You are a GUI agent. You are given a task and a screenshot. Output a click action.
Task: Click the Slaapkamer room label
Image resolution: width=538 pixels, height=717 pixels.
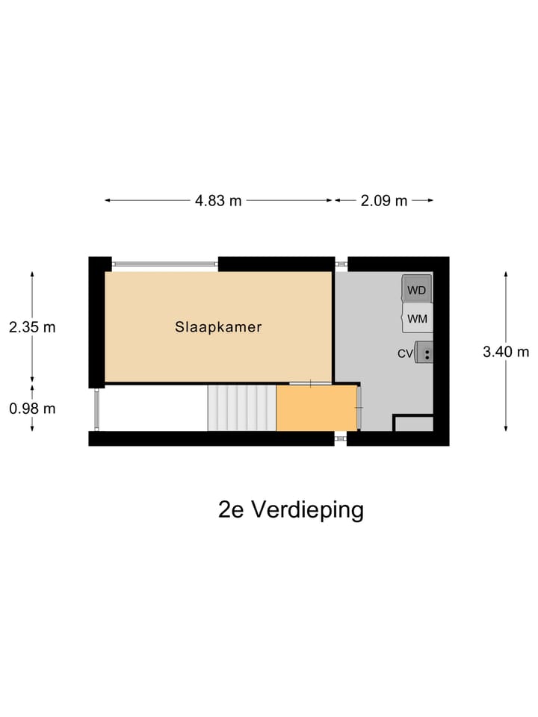(218, 326)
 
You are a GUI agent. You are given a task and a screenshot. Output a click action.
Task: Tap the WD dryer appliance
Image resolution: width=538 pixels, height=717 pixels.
(417, 289)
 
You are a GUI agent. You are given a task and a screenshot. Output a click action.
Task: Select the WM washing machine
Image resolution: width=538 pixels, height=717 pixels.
(417, 319)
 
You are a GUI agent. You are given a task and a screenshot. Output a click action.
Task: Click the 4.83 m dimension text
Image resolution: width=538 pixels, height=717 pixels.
(218, 200)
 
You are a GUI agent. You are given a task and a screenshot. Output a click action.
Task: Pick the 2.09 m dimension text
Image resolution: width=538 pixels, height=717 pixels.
(384, 200)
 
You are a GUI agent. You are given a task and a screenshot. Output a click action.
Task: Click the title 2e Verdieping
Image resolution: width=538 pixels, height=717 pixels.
(291, 509)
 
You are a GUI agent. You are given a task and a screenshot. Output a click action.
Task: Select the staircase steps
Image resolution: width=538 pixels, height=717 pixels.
(241, 408)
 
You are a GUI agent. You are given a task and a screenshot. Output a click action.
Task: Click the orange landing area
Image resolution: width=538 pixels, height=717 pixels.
(317, 408)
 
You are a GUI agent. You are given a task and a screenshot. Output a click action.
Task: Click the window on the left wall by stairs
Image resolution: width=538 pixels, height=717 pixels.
(96, 409)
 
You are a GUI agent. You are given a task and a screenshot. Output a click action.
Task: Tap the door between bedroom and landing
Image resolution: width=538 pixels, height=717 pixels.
(310, 384)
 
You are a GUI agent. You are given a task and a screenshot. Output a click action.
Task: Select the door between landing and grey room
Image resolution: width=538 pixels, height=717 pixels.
(359, 408)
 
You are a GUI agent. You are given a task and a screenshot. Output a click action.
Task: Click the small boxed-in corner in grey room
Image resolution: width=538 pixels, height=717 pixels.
(413, 423)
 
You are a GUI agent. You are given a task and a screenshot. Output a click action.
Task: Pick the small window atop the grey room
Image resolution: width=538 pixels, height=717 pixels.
(341, 264)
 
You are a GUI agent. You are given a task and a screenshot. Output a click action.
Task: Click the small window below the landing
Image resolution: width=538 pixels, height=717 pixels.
(341, 438)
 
